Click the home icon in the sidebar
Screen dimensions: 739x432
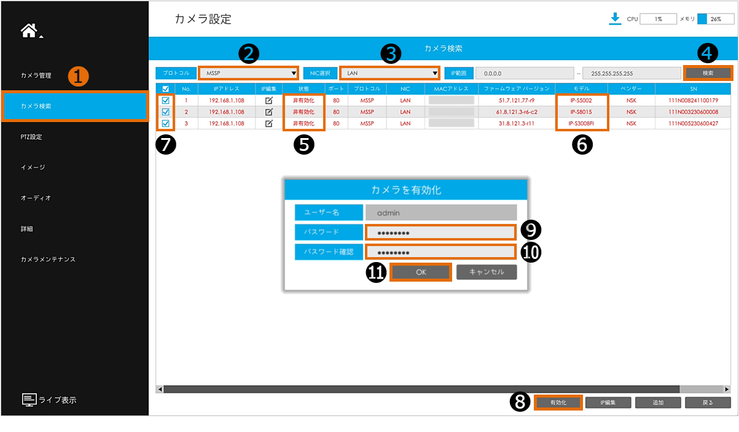point(29,31)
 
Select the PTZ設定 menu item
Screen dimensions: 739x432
point(31,137)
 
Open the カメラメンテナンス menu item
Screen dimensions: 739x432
point(48,260)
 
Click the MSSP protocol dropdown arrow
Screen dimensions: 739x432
point(293,73)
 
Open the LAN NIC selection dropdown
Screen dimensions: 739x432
point(389,73)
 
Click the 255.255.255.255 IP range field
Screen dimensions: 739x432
point(631,74)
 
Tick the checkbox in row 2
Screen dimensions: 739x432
point(166,112)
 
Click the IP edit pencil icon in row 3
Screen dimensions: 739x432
point(269,123)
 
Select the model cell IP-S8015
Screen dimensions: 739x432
point(581,112)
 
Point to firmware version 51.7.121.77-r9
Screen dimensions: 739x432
point(517,100)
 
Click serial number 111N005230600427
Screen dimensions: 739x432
point(693,123)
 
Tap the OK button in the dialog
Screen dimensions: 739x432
point(421,272)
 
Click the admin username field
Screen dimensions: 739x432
point(441,212)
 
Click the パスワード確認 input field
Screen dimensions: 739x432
point(440,252)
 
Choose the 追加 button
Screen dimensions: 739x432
point(658,403)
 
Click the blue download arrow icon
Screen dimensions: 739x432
point(615,18)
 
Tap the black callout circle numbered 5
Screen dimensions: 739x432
point(304,145)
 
